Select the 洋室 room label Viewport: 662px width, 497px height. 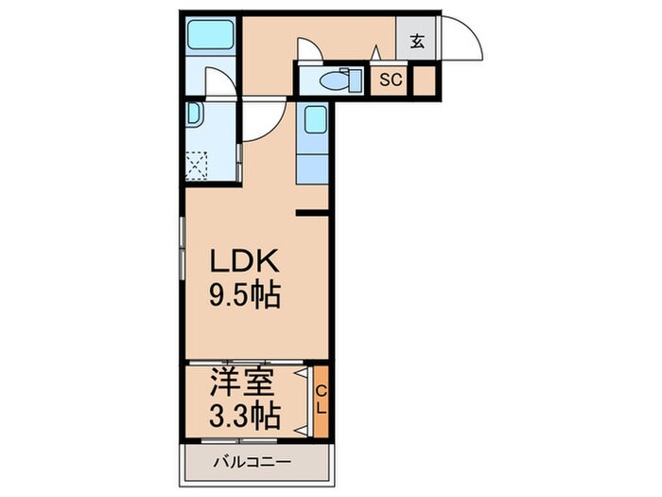click(x=242, y=383)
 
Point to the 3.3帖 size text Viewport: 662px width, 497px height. click(x=243, y=415)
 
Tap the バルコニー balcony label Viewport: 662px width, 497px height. click(x=251, y=463)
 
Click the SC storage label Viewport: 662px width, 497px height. click(x=391, y=80)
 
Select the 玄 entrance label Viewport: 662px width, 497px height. click(x=416, y=42)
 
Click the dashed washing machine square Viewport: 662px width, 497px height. click(x=199, y=167)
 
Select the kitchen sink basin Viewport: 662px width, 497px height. click(x=314, y=119)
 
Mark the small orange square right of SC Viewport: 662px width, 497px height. click(x=424, y=80)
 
